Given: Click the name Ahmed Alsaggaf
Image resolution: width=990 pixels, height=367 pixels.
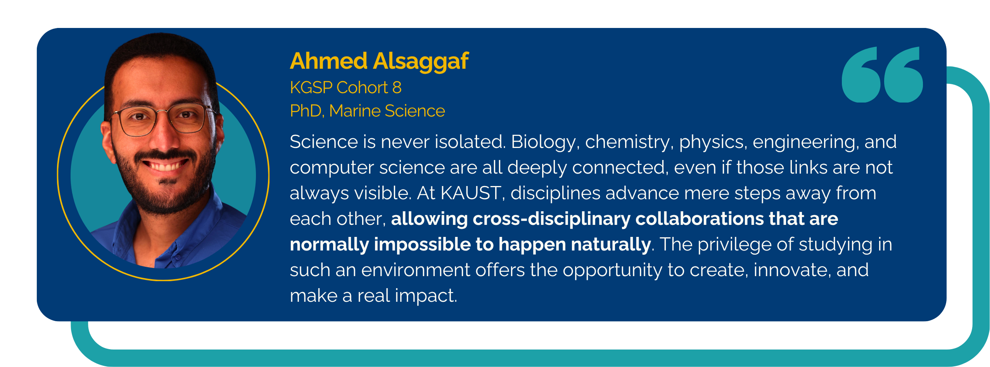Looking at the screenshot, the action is coord(379,61).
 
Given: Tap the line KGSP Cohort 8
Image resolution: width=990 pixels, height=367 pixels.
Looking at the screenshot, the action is coord(346,88).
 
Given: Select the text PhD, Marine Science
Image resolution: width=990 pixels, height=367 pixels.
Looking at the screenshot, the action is coord(367,111).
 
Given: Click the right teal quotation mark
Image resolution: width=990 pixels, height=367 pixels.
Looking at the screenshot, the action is coord(904,75).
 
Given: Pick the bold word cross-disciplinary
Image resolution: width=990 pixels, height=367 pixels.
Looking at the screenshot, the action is coord(552,219).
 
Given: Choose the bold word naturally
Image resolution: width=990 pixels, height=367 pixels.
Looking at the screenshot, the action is coord(611,245).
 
